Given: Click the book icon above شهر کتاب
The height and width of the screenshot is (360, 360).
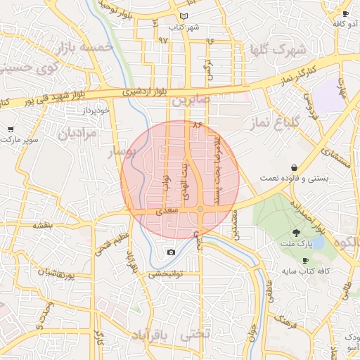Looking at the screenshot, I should pyautogui.click(x=184, y=15).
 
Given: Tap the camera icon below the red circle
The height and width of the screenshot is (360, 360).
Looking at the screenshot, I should pyautogui.click(x=171, y=252).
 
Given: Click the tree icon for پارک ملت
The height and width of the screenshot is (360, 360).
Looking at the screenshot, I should pyautogui.click(x=296, y=233).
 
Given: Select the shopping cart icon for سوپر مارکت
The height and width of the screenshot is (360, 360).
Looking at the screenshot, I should pyautogui.click(x=11, y=129).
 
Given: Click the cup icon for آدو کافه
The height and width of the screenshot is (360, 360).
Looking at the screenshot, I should pyautogui.click(x=345, y=13).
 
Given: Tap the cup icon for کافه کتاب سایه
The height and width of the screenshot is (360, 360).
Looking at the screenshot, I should pyautogui.click(x=305, y=260).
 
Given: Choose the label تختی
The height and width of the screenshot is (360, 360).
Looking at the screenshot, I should pyautogui.click(x=195, y=335).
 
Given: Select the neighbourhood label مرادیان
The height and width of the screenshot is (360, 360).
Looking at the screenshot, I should pyautogui.click(x=75, y=134).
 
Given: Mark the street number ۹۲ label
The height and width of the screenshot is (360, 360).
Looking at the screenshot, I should pyautogui.click(x=163, y=41).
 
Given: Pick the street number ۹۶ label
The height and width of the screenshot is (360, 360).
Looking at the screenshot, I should pyautogui.click(x=210, y=41).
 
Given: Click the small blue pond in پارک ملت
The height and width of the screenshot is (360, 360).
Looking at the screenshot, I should pyautogui.click(x=317, y=242).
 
